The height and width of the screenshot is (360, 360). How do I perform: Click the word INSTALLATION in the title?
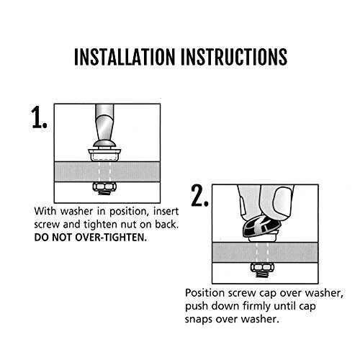pos(125,57)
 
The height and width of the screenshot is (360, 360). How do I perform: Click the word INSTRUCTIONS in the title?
pos(234,57)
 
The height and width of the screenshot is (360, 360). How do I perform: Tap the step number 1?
pos(39,117)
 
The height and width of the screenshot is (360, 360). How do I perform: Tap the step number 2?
pos(199,195)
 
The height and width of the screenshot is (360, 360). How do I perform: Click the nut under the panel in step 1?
pos(104,186)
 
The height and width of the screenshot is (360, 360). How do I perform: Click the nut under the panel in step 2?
pos(262,267)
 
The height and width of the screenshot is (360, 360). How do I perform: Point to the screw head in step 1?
pos(104,144)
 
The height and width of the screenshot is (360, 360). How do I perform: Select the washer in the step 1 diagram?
pos(104,155)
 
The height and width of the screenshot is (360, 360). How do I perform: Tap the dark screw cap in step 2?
pos(261,226)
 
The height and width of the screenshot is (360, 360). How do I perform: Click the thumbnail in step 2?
pos(283,200)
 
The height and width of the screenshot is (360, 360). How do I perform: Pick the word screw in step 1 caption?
pos(47,225)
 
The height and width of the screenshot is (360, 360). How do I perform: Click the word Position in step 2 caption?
pos(204,293)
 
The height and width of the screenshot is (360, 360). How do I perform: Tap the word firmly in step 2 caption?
pos(256,307)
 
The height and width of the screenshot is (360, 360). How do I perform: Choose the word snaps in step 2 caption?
pos(199,320)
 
